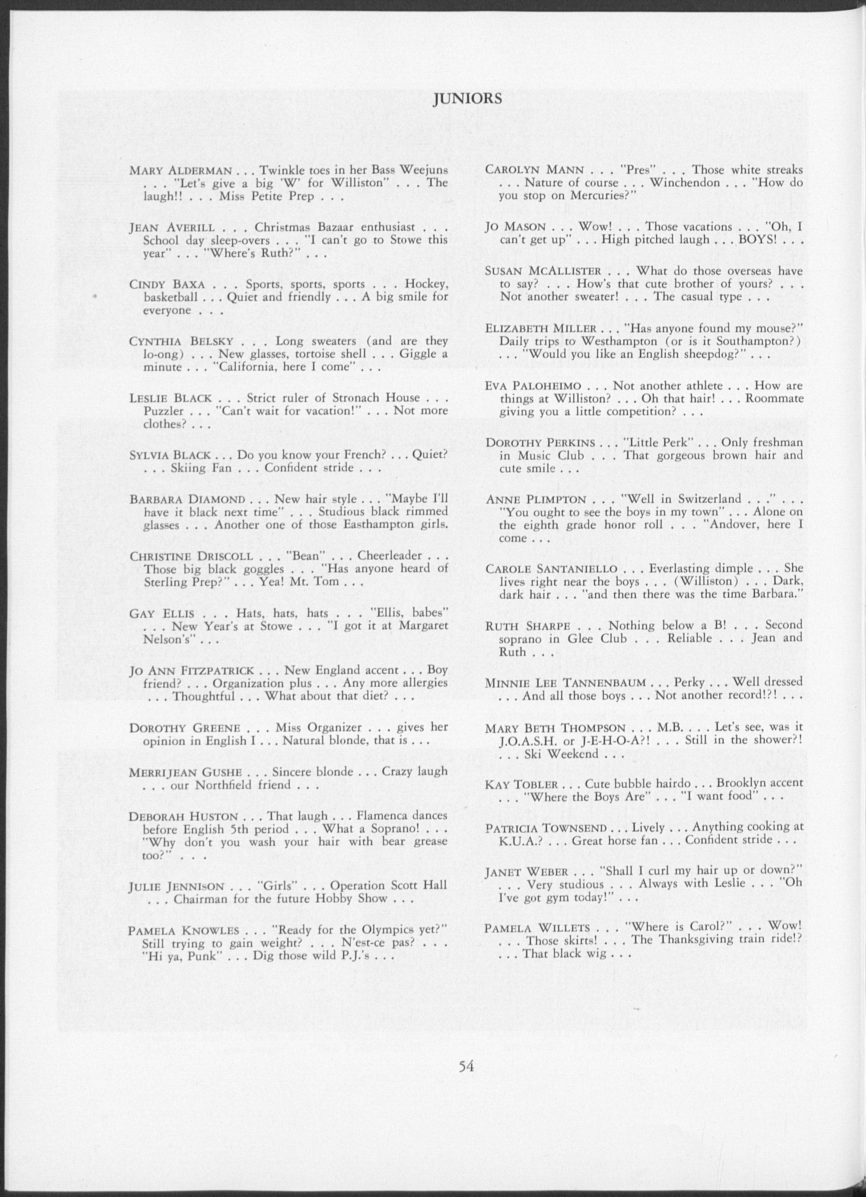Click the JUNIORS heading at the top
[x=467, y=99]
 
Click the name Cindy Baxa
[x=168, y=285]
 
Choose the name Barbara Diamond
[x=187, y=499]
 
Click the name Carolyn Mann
[x=534, y=170]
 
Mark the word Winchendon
[x=684, y=183]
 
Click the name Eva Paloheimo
[x=534, y=386]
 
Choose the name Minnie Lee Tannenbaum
[x=566, y=683]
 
